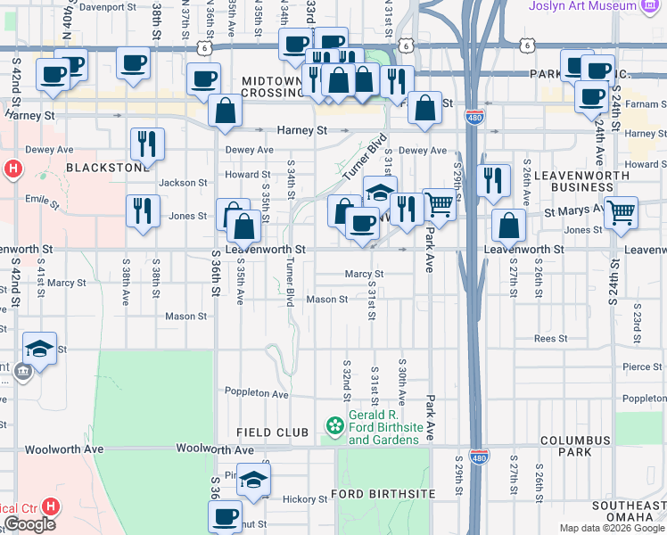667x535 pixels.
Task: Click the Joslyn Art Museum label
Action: [x=596, y=6]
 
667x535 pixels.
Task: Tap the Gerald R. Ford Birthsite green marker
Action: [x=334, y=427]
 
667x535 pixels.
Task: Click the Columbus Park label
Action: [x=564, y=446]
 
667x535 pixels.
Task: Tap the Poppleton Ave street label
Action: [x=256, y=393]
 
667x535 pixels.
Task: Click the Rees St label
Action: [x=550, y=339]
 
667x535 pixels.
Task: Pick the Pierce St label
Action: [x=642, y=366]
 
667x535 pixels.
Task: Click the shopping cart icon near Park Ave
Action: [x=438, y=204]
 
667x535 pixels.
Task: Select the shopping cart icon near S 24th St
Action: [x=621, y=212]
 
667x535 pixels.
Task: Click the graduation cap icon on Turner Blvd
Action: [x=379, y=193]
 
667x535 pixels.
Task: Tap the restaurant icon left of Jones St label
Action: [x=143, y=210]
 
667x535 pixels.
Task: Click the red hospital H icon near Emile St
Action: [x=12, y=168]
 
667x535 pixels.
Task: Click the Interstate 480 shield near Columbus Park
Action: [x=479, y=457]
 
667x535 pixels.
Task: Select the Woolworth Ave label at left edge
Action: [x=64, y=449]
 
